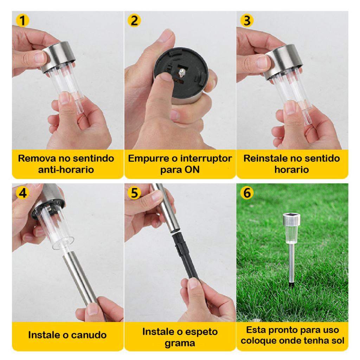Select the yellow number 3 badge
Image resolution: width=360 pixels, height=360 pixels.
point(247,21)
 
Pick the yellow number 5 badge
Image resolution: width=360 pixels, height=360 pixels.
point(134,193)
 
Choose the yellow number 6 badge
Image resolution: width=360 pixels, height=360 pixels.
point(247,193)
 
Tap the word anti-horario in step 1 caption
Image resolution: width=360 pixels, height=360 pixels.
point(66,169)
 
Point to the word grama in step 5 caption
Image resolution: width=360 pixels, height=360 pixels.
point(180,343)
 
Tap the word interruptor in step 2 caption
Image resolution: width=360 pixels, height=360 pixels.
point(206,158)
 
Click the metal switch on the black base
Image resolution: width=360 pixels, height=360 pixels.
point(182,73)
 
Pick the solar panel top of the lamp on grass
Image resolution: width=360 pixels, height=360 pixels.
point(291,215)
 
